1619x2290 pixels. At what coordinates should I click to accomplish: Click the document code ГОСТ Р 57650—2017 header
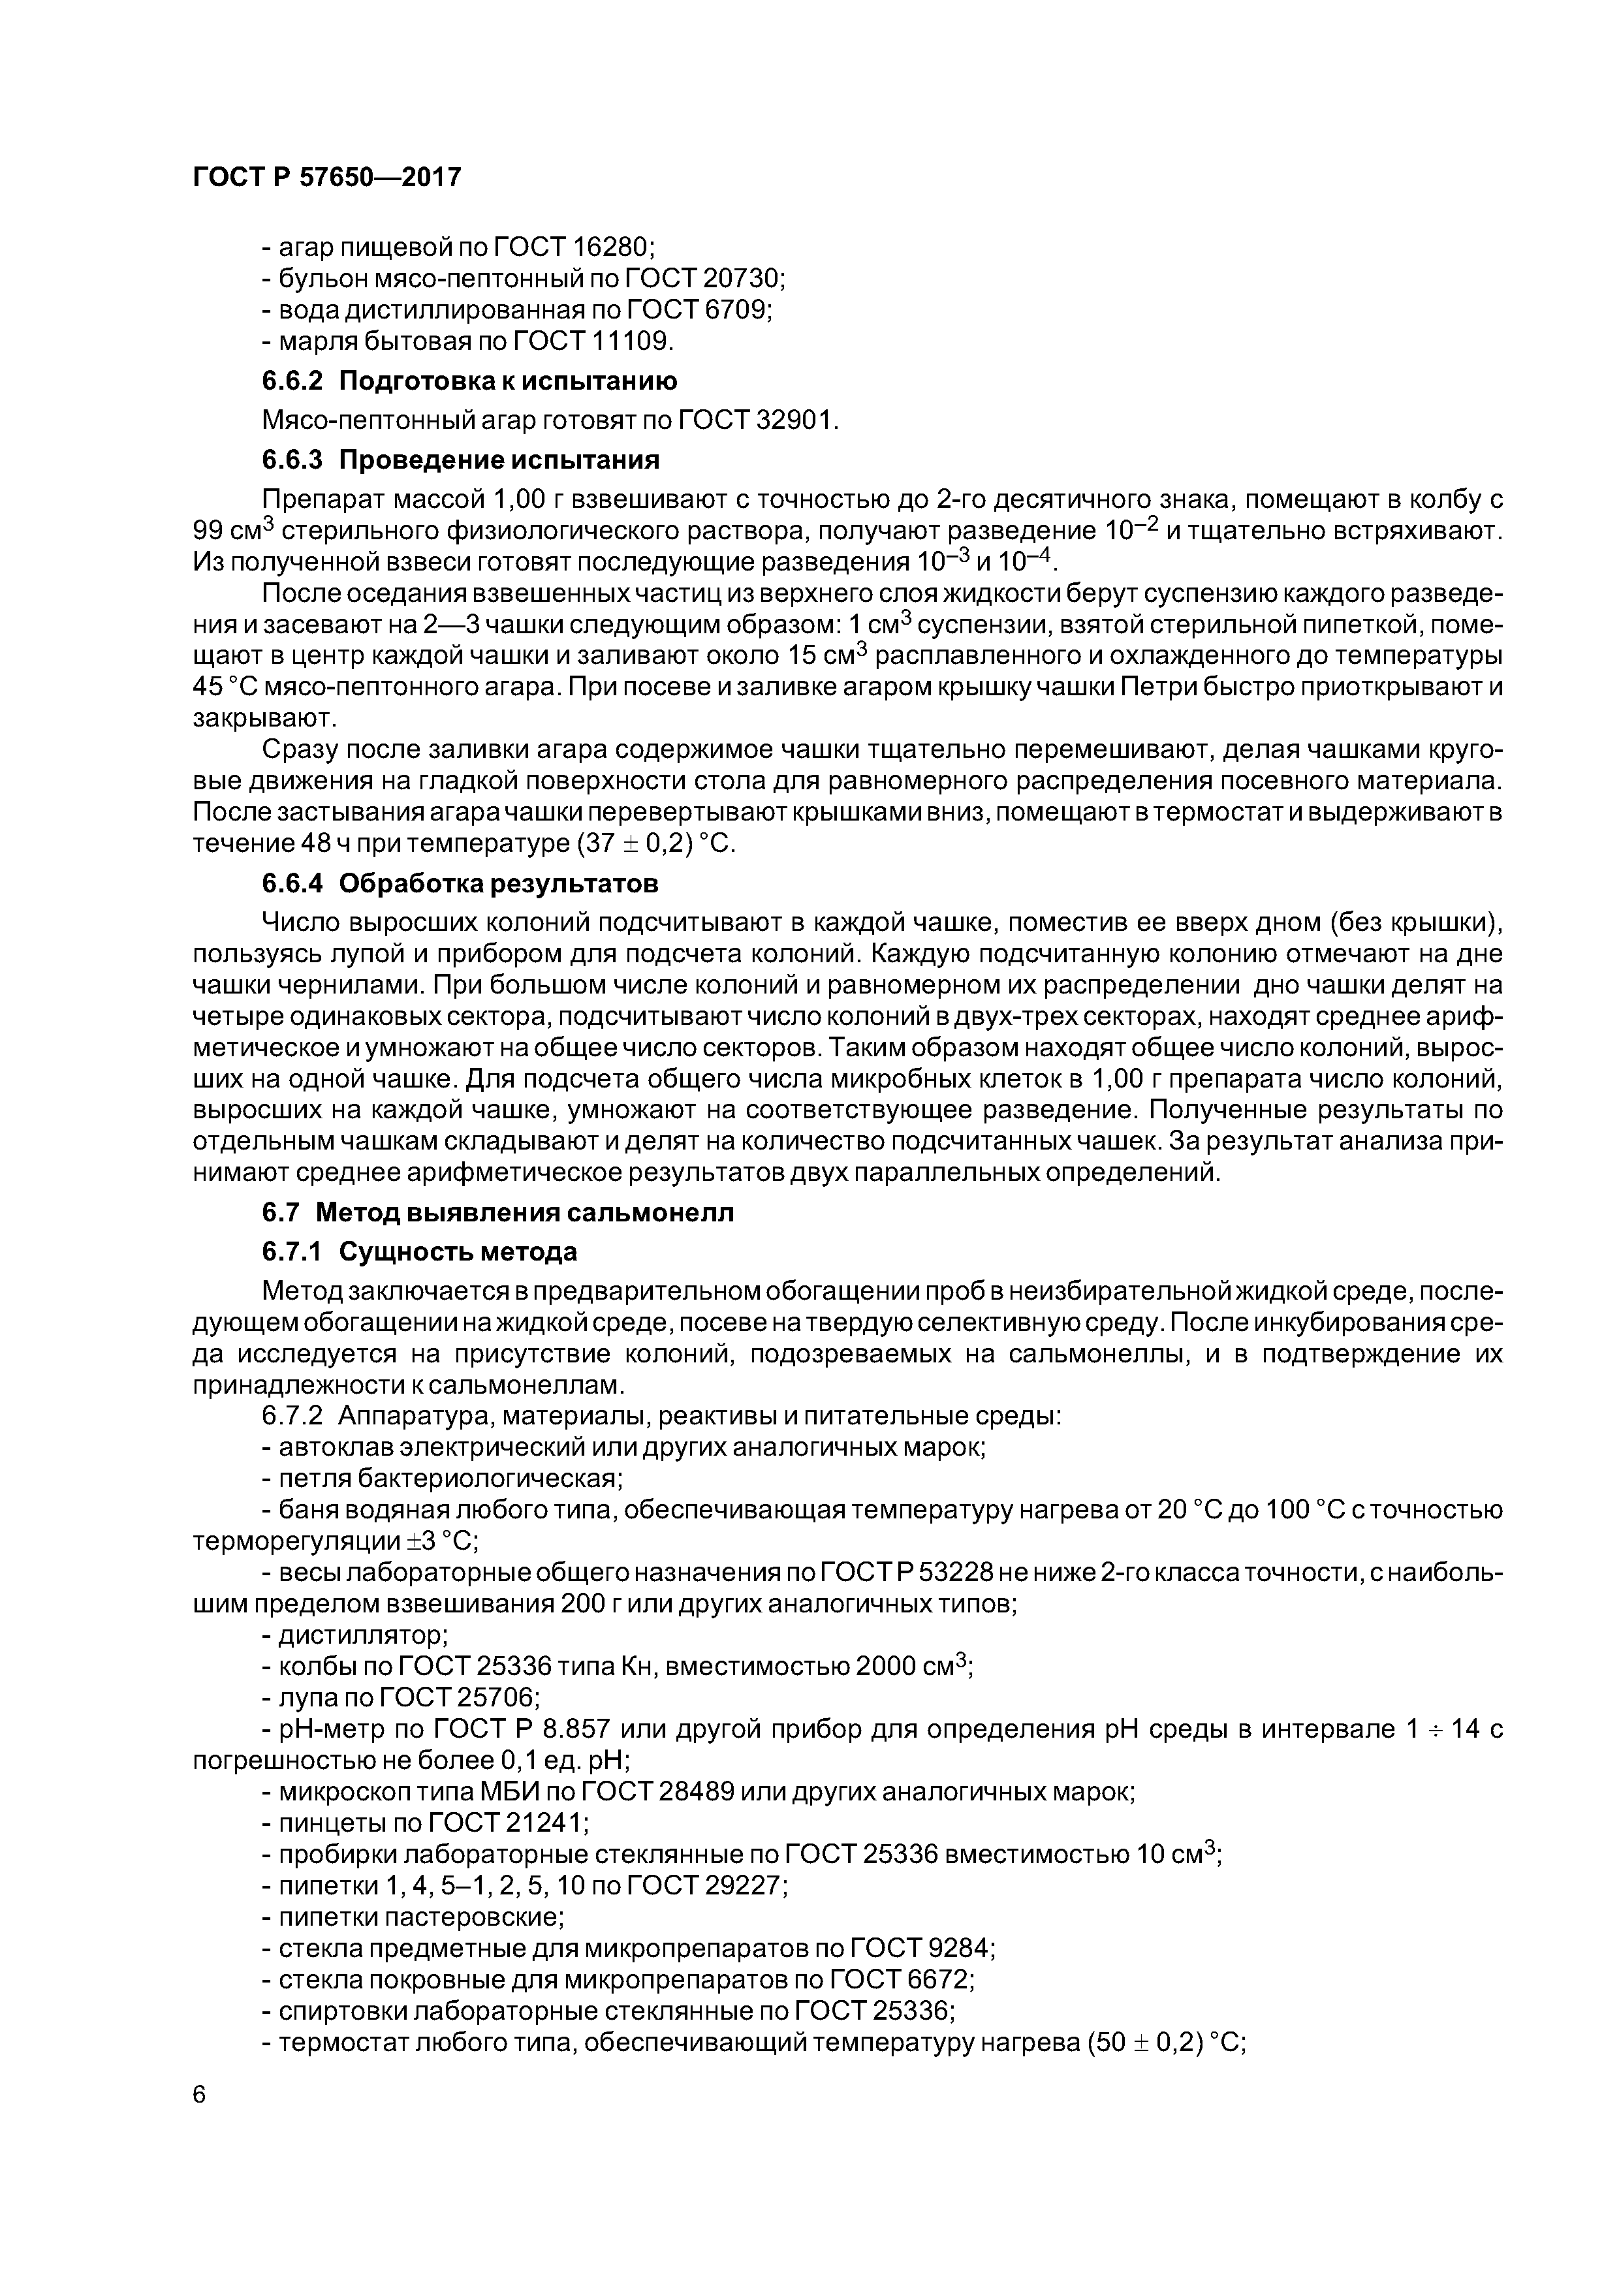pos(327,178)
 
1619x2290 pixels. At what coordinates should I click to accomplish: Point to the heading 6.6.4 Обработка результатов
pos(461,884)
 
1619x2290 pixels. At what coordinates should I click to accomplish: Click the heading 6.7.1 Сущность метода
pos(420,1251)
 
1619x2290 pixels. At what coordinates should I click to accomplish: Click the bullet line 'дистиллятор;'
pos(355,1636)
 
